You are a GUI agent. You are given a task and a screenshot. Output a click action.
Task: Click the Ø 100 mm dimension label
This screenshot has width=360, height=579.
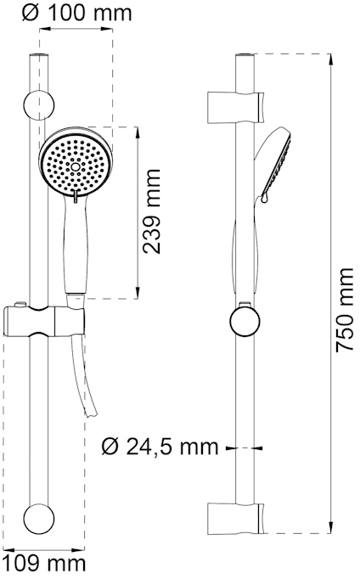pyautogui.click(x=76, y=14)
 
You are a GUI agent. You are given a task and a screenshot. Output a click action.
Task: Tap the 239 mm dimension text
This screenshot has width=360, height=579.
pyautogui.click(x=152, y=211)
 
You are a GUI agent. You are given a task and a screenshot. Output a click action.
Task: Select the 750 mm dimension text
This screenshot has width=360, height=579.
pyautogui.click(x=346, y=309)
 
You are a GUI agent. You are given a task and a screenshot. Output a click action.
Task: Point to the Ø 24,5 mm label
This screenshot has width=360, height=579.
pyautogui.click(x=160, y=447)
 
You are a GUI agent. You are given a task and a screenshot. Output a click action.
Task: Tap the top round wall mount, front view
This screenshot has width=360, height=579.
pyautogui.click(x=39, y=105)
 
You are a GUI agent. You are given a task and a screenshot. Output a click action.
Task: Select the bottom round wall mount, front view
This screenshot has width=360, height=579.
pyautogui.click(x=39, y=517)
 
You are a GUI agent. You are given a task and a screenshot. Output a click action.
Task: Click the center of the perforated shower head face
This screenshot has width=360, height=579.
pyautogui.click(x=76, y=167)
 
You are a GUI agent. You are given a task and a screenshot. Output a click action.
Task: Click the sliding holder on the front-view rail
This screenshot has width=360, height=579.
pyautogui.click(x=44, y=321)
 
